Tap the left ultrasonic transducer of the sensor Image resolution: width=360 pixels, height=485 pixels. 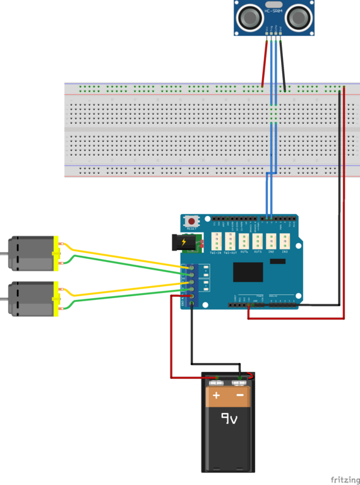249,18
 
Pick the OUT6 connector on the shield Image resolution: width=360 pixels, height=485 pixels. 244,241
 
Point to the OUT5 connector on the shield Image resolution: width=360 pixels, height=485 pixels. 258,241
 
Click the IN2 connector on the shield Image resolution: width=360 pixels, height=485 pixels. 271,241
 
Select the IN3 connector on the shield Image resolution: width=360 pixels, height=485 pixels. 285,241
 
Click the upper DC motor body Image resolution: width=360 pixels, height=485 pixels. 32,253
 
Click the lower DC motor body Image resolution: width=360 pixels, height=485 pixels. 32,299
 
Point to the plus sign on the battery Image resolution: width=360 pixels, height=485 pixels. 216,396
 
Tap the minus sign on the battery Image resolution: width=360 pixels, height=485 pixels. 241,396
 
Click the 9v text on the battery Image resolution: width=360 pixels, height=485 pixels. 229,417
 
